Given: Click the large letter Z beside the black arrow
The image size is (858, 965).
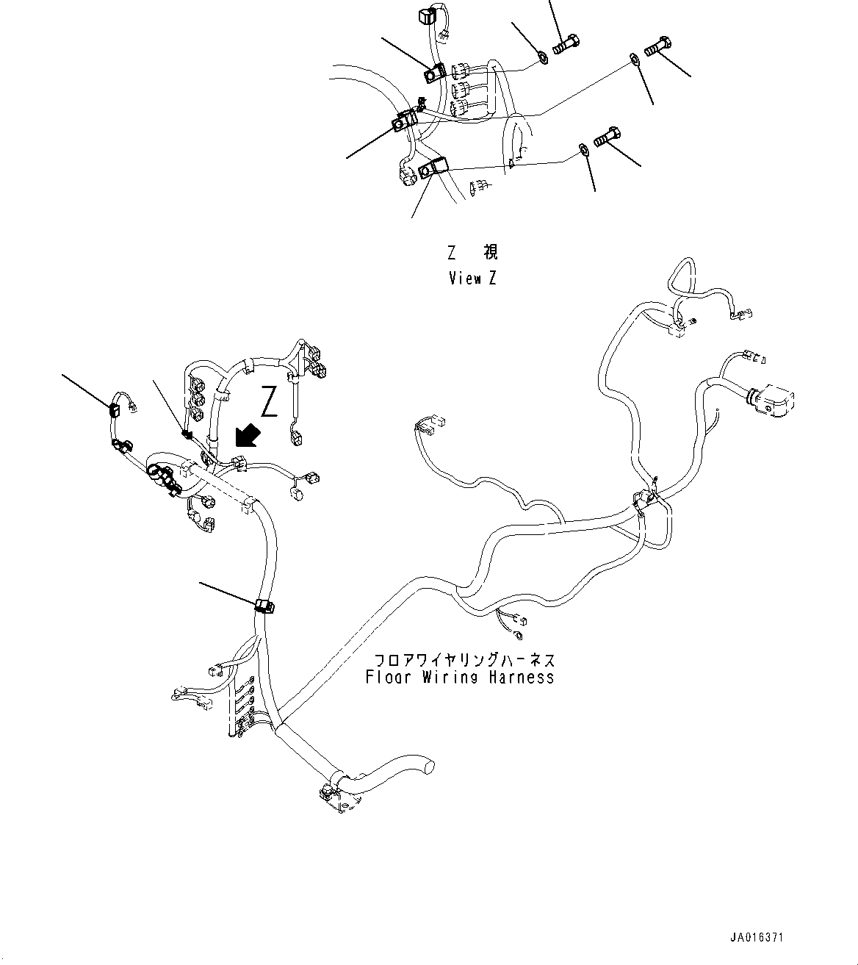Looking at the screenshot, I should [x=270, y=401].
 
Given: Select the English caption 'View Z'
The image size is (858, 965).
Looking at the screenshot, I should [x=472, y=279].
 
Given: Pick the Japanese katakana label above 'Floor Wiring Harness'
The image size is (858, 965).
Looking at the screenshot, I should [x=464, y=659].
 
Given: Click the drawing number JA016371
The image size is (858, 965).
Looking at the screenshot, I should [x=757, y=938].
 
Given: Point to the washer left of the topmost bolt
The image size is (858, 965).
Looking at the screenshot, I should [x=541, y=57].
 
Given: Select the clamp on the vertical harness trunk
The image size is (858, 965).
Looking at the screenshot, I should [x=264, y=606].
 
